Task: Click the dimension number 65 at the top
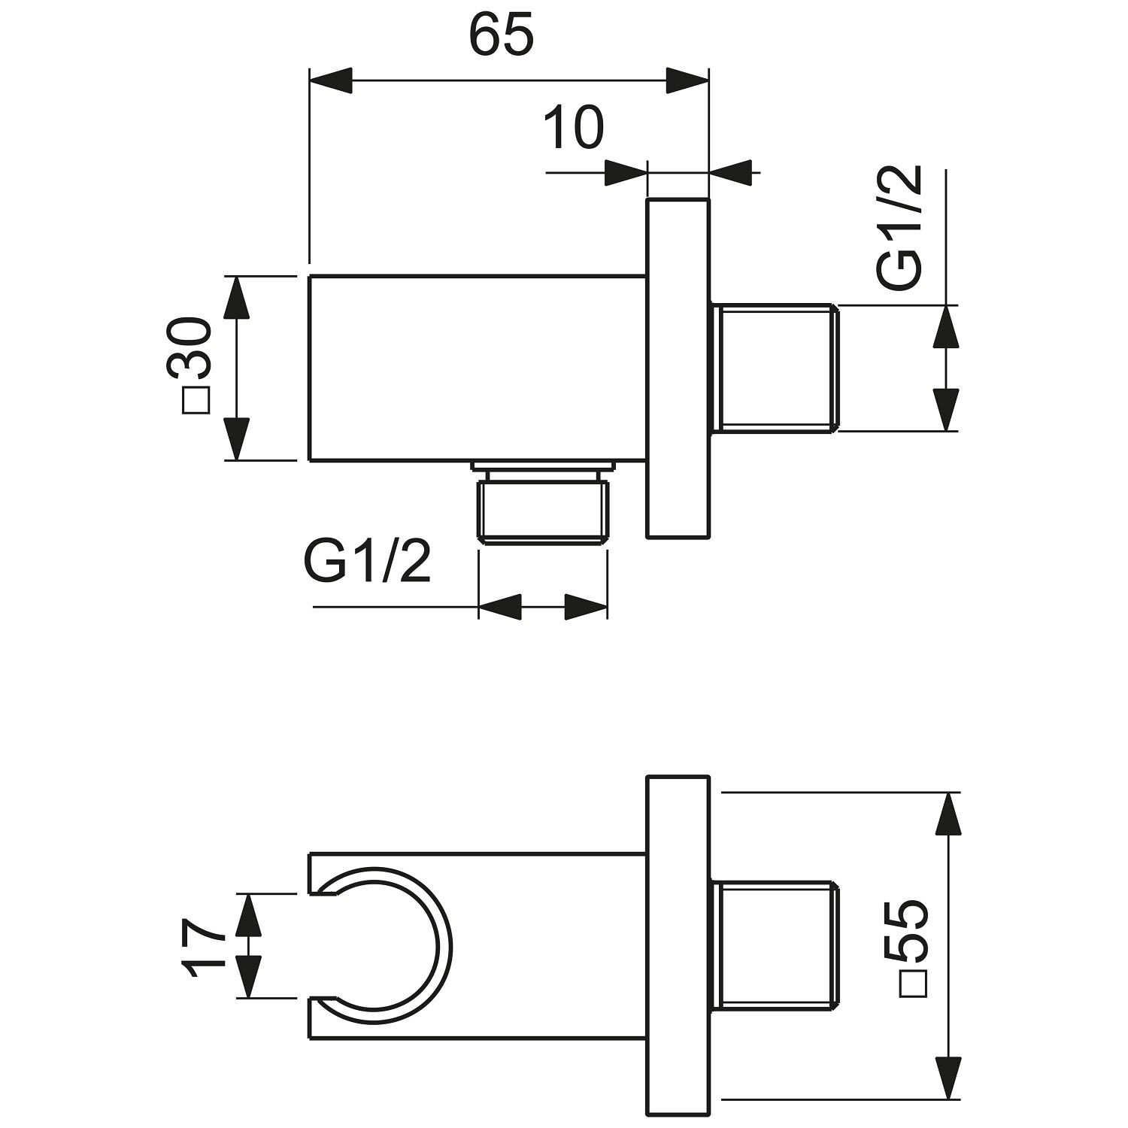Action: point(502,35)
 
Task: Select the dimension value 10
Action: point(574,129)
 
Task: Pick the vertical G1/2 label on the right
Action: point(900,228)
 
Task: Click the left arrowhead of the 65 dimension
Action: point(331,81)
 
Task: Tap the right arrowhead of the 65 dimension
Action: point(687,81)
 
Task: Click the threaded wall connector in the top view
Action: point(773,368)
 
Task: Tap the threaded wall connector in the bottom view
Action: point(773,945)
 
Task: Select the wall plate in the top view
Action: point(678,368)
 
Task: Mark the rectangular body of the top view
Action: point(478,368)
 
